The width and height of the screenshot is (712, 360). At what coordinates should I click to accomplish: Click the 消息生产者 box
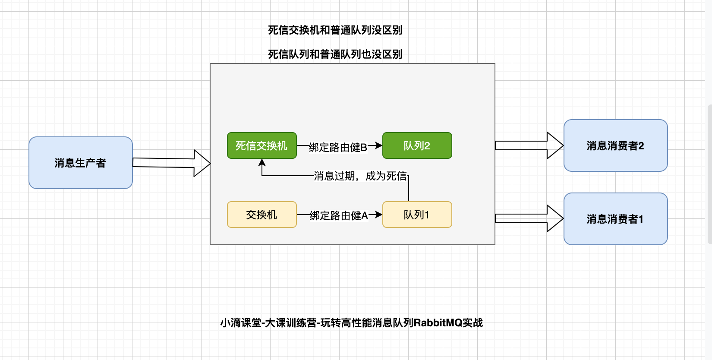81,163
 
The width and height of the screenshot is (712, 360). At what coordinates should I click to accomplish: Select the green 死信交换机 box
262,145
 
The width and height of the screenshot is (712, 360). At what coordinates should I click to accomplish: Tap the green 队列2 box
417,145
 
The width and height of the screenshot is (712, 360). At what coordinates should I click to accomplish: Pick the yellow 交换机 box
262,215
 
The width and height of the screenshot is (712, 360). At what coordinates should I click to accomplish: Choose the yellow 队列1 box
417,215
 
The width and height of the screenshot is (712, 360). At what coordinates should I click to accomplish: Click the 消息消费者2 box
615,145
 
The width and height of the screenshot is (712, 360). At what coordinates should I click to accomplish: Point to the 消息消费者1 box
615,219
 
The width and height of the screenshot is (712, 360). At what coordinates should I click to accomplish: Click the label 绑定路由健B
338,147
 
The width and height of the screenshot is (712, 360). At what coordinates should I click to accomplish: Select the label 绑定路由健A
339,215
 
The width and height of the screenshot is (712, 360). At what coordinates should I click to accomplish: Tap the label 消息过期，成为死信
360,176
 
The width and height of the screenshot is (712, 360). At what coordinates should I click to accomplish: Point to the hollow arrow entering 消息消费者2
529,145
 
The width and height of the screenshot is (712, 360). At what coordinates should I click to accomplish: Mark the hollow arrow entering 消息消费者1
529,218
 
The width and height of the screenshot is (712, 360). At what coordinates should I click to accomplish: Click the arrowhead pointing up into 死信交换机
262,163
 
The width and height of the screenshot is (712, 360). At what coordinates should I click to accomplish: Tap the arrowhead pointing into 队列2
378,145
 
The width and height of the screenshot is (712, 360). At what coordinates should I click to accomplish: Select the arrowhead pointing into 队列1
378,215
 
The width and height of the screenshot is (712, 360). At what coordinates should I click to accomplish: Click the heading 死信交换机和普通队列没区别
335,30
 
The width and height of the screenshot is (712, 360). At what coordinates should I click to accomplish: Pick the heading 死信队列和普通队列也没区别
335,54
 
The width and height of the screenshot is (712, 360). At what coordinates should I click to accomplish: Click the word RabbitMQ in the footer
438,322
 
